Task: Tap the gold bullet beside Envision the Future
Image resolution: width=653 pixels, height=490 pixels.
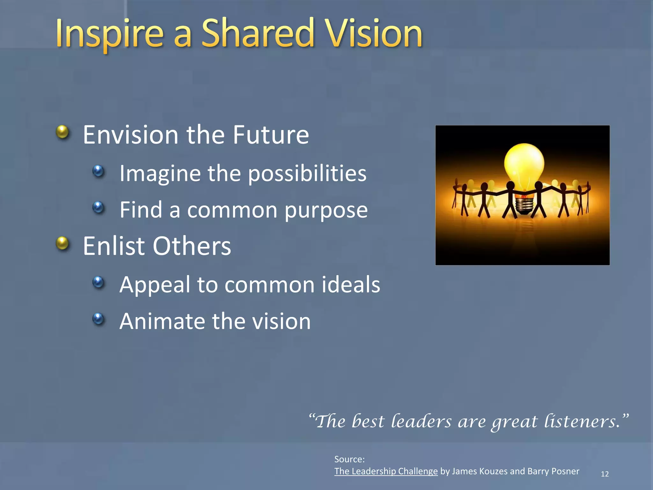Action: [x=62, y=132]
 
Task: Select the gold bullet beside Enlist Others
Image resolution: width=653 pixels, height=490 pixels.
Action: [x=62, y=243]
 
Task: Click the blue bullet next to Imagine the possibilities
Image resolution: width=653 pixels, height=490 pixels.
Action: [x=98, y=171]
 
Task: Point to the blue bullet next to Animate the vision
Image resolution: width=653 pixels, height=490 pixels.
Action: [x=98, y=318]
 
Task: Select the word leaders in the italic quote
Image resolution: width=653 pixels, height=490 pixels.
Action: [x=421, y=421]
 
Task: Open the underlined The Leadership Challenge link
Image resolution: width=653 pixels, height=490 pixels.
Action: [x=386, y=471]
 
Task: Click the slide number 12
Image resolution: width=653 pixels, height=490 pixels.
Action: [x=605, y=474]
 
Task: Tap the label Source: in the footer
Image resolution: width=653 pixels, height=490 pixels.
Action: [x=349, y=459]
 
